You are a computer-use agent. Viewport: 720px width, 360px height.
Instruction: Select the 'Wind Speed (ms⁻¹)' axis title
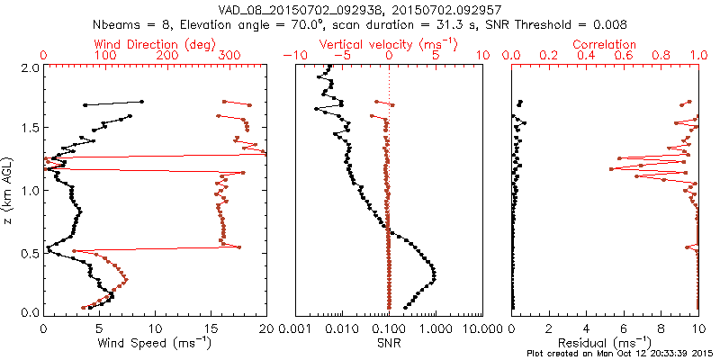[x=154, y=343]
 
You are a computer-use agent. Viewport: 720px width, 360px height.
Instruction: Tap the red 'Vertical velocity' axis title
[x=388, y=44]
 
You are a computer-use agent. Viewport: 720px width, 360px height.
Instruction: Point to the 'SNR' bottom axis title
[x=388, y=343]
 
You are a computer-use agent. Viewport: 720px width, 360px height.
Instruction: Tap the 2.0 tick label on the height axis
[x=28, y=68]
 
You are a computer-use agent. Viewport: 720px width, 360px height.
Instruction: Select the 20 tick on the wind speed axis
[x=265, y=328]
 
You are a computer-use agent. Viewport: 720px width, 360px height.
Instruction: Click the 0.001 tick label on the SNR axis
[x=295, y=328]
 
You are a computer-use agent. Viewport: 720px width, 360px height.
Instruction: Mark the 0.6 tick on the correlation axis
[x=624, y=56]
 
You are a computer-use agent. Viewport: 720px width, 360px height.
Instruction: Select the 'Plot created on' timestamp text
[x=620, y=352]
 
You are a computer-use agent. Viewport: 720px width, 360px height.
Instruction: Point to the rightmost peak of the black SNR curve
[x=436, y=273]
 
